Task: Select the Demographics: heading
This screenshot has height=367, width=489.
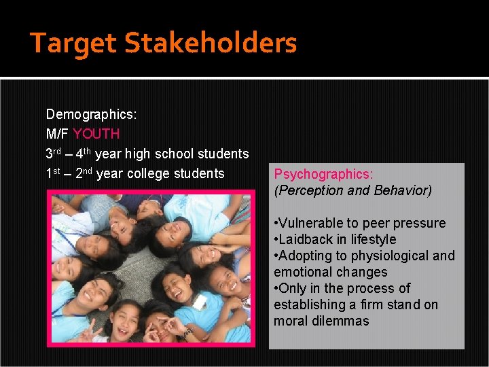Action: (x=91, y=114)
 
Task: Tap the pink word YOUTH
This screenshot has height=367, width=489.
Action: (x=96, y=134)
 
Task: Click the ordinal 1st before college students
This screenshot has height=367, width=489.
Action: (x=54, y=173)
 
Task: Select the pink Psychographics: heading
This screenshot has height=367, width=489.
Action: (x=323, y=175)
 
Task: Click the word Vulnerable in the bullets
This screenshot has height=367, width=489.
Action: (x=313, y=224)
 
